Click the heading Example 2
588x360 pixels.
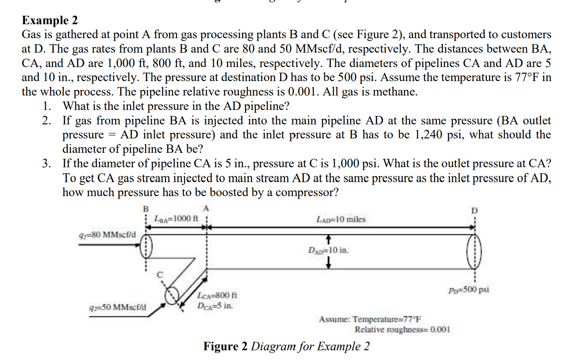(50, 20)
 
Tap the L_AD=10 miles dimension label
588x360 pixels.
(341, 219)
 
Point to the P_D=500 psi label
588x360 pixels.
(468, 290)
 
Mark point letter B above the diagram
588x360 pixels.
(146, 208)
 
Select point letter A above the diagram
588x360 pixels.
(206, 208)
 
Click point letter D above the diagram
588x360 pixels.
(474, 211)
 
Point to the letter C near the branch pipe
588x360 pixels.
(160, 275)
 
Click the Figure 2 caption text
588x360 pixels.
(286, 346)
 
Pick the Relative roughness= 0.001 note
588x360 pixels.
(402, 329)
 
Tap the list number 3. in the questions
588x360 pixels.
(47, 163)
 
